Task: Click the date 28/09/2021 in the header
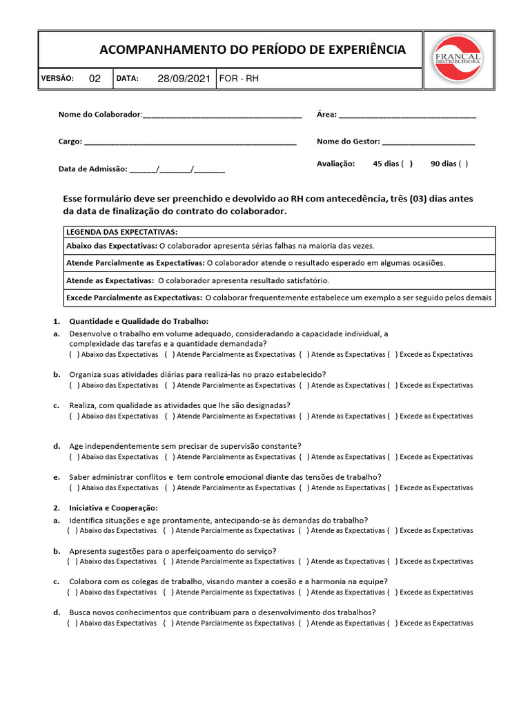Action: (x=184, y=79)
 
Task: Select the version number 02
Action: (x=95, y=79)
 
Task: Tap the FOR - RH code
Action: (x=239, y=79)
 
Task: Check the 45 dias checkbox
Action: (x=406, y=164)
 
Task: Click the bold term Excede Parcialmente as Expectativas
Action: (x=133, y=298)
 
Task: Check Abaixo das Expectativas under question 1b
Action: (x=74, y=385)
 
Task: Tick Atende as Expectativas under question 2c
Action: (x=303, y=592)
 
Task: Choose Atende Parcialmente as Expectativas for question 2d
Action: (x=168, y=623)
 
